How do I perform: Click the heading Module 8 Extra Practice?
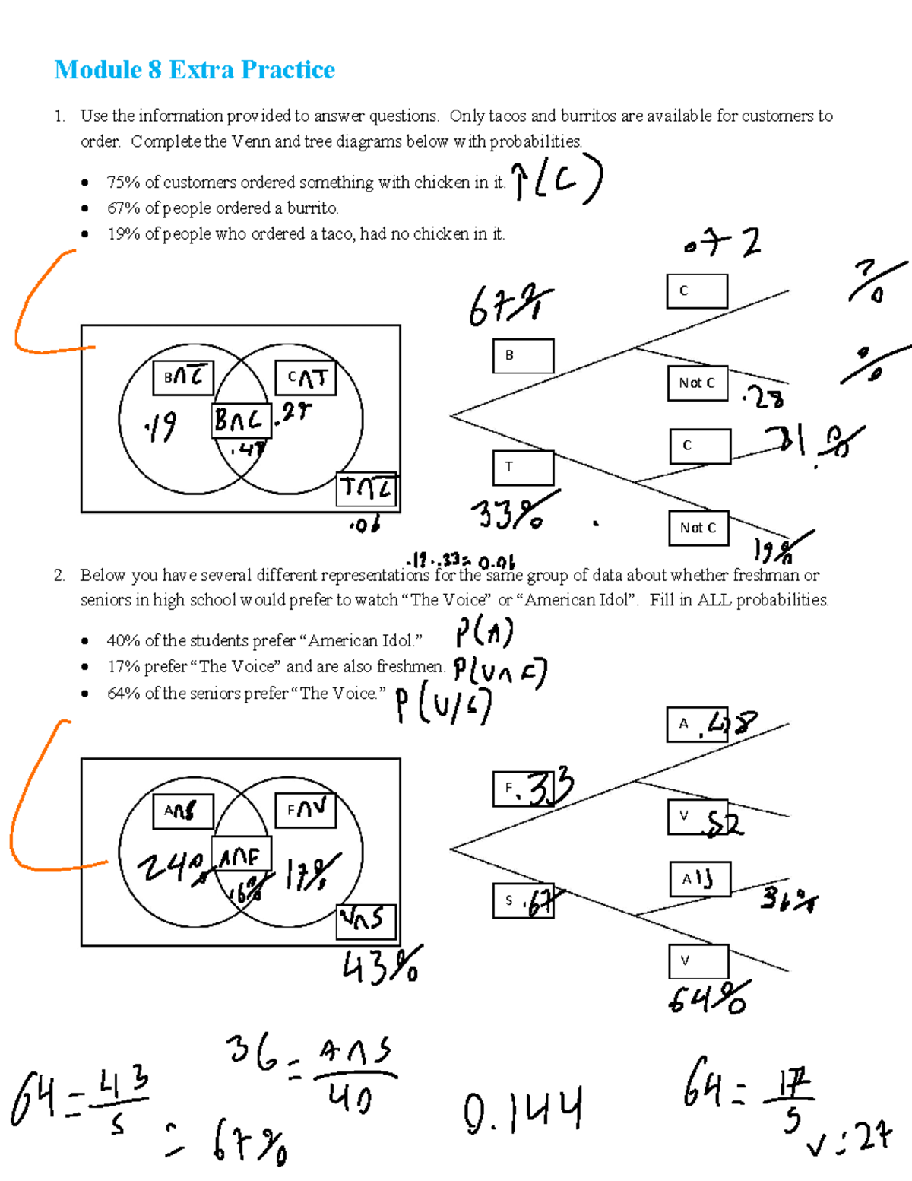[x=195, y=70]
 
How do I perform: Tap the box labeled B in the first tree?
[x=523, y=356]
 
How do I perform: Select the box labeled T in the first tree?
[x=523, y=468]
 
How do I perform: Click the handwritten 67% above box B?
[x=510, y=306]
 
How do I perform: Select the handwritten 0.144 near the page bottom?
[x=523, y=1110]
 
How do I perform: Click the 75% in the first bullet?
[x=123, y=183]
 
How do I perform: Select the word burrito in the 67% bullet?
[x=312, y=208]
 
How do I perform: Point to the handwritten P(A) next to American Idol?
[x=485, y=633]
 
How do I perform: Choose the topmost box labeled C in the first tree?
[x=697, y=291]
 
